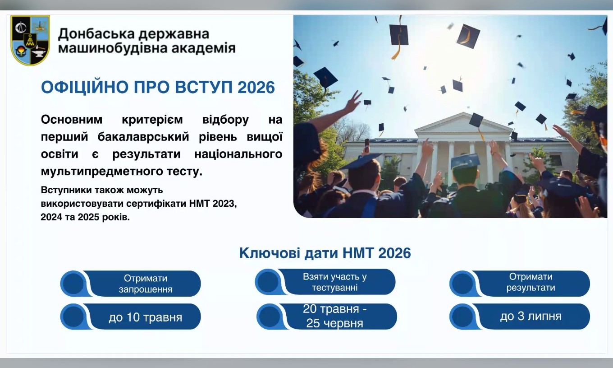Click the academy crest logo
[x=30, y=40]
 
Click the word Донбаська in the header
[x=96, y=34]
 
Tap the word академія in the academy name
[x=203, y=48]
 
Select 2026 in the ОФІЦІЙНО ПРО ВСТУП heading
[x=256, y=87]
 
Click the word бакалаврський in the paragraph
[x=143, y=136]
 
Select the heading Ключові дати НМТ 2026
[x=325, y=253]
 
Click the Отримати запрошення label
[x=145, y=284]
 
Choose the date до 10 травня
[x=145, y=317]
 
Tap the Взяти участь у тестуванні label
[x=335, y=282]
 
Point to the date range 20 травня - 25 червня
[x=335, y=316]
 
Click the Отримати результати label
[x=531, y=282]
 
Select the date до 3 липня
[x=531, y=317]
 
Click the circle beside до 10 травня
[x=73, y=317]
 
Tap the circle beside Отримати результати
[x=462, y=284]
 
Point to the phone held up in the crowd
[x=367, y=145]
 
